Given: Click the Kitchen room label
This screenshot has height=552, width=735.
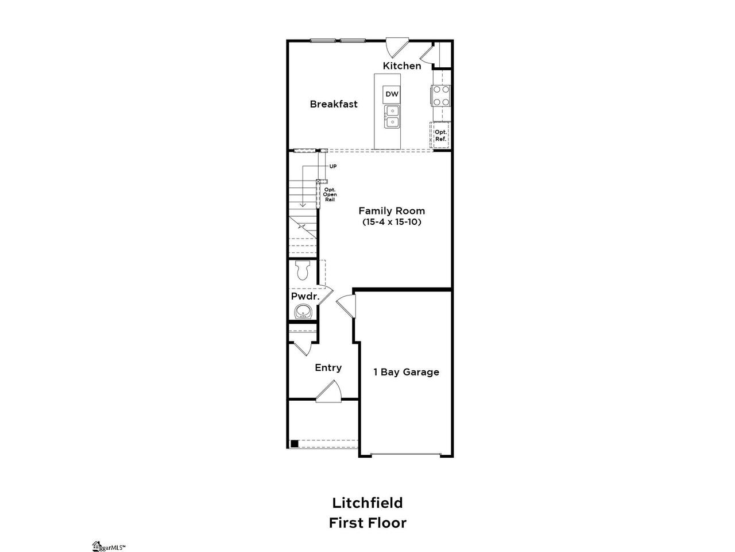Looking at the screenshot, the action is (402, 66).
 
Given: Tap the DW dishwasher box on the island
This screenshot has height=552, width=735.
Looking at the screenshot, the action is (392, 94).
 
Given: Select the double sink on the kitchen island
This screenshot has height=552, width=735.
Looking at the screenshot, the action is (392, 116).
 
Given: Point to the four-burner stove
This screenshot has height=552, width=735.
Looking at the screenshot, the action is (441, 95).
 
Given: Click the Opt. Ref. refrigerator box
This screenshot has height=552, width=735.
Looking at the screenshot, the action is (440, 135).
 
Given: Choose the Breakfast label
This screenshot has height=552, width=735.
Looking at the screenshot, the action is (334, 104).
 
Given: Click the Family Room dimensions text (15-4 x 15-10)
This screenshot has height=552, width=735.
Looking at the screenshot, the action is (392, 222).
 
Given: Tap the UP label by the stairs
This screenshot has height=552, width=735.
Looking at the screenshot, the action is (333, 166).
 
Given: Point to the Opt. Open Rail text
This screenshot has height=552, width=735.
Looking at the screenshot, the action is (330, 195).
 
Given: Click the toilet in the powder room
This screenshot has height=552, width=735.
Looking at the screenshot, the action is (303, 270).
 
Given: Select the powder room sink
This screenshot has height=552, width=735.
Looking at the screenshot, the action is (304, 311).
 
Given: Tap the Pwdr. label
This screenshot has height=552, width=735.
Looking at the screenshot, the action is (305, 296).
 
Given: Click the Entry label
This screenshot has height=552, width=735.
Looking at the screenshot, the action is (328, 367).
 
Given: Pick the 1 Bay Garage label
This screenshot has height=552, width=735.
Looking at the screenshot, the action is (406, 372).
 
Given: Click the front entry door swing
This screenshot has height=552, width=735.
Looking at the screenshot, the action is (329, 391).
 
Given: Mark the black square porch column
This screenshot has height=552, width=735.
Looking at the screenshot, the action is (295, 444).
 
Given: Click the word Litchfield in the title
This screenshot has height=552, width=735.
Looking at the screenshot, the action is (367, 503).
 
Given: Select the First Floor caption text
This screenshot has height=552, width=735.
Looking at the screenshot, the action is (367, 523).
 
